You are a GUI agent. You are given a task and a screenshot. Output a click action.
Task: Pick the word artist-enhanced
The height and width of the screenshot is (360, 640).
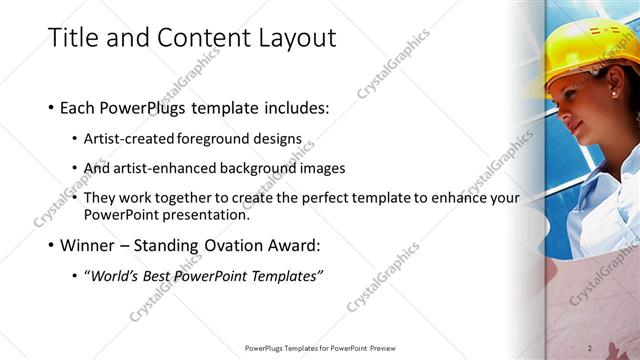[x=156, y=168]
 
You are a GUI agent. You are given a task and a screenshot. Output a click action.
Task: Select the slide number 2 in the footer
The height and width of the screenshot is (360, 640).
[x=590, y=348]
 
